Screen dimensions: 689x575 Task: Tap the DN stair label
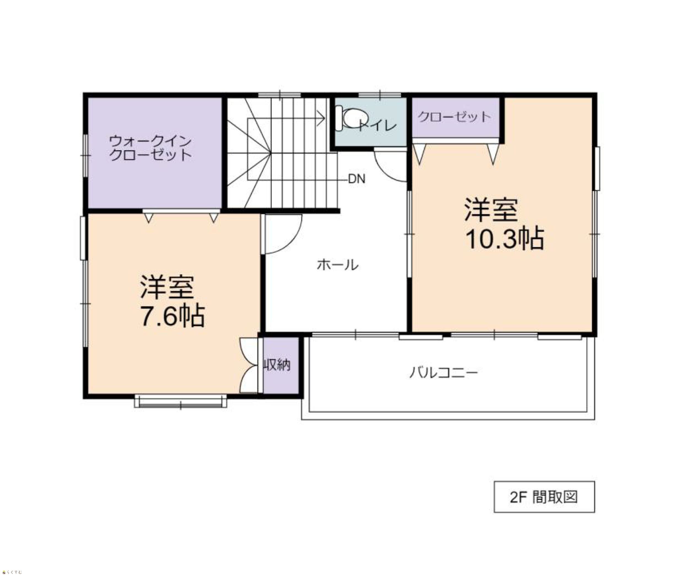pos(356,179)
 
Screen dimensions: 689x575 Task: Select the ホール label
pos(338,264)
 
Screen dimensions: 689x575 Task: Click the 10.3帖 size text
pos(505,238)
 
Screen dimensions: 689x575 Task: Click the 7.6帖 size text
pos(173,316)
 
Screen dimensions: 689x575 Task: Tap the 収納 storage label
pos(278,365)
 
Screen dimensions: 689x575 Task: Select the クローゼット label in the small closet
pos(454,117)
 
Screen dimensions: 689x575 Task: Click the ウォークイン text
pos(150,141)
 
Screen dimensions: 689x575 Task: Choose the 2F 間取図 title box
pos(544,497)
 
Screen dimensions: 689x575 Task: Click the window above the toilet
pos(380,95)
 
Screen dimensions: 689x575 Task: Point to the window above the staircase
pos(279,95)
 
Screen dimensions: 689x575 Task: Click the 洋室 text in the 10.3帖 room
pos(491,210)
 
